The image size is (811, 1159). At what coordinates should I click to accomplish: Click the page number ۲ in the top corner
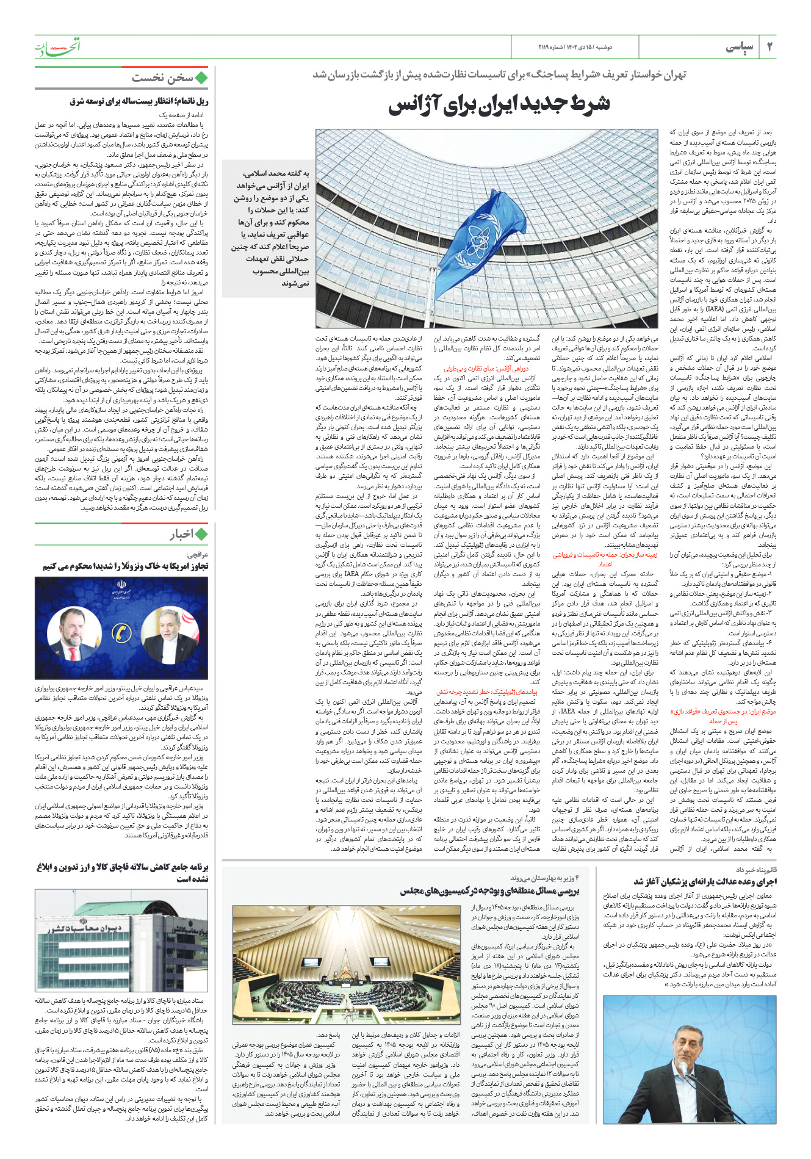tap(769, 47)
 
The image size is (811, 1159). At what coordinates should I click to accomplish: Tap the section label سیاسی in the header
tap(740, 47)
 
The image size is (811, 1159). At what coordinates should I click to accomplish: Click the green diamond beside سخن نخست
tap(201, 78)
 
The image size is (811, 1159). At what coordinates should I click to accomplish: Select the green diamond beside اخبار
tap(201, 535)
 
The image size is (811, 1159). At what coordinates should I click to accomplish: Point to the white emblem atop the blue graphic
tap(119, 587)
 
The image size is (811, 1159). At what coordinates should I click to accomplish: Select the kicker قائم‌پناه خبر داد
tap(755, 870)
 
